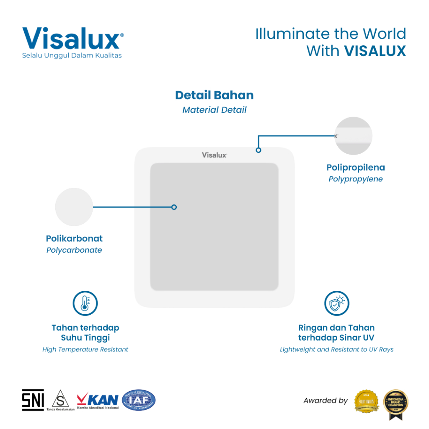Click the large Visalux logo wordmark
(71, 39)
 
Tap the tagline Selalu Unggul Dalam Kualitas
(72, 56)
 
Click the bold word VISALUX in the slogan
(375, 51)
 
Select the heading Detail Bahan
(214, 95)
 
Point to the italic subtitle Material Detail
(214, 110)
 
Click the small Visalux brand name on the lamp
(214, 155)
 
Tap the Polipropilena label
(355, 168)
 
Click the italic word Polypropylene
(355, 179)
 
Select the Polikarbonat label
(74, 239)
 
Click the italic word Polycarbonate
(74, 250)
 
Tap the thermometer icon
(85, 303)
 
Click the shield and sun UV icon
(337, 303)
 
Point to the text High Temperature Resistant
(85, 349)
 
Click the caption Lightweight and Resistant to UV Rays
(336, 349)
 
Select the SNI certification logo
(33, 400)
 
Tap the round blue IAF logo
(138, 400)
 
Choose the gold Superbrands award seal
(366, 401)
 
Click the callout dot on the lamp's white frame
(258, 150)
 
